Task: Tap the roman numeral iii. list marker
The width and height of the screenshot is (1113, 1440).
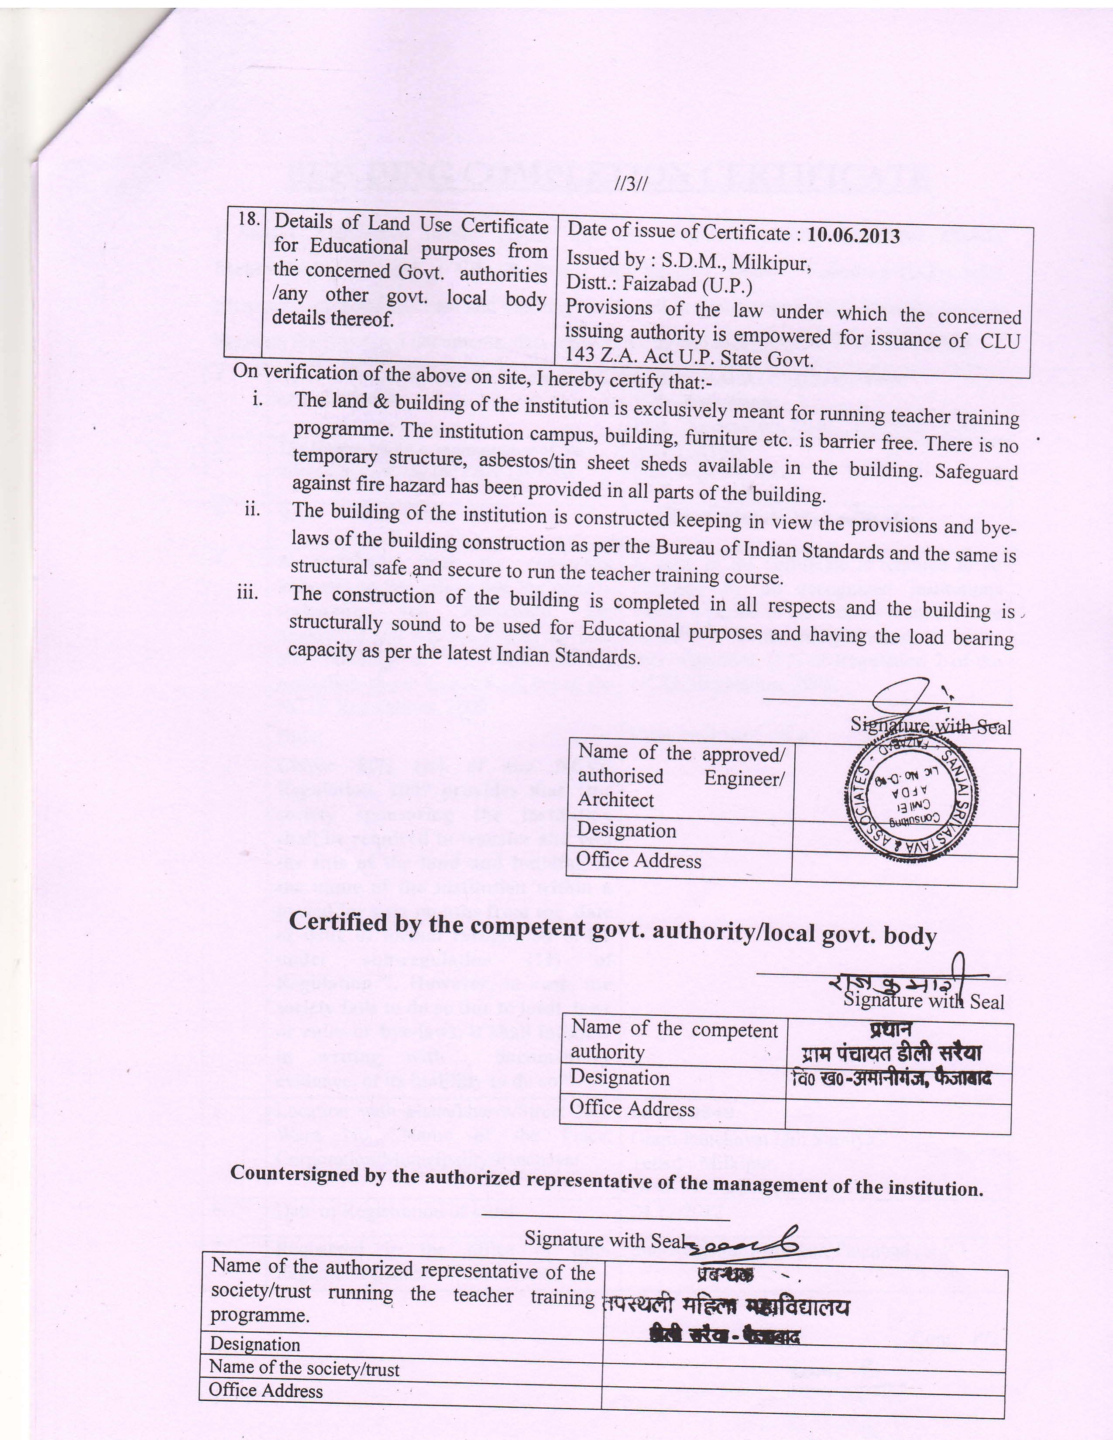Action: (248, 592)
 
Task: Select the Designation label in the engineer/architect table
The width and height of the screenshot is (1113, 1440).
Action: (626, 830)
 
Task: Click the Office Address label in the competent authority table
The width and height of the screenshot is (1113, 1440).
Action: (632, 1108)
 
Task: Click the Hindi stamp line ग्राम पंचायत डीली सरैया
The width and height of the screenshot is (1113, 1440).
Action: (891, 1052)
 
